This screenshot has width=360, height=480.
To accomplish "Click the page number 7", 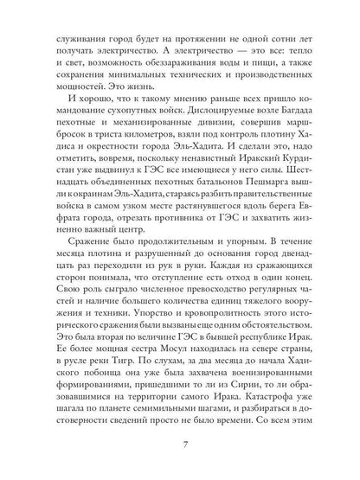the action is click(x=180, y=447).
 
